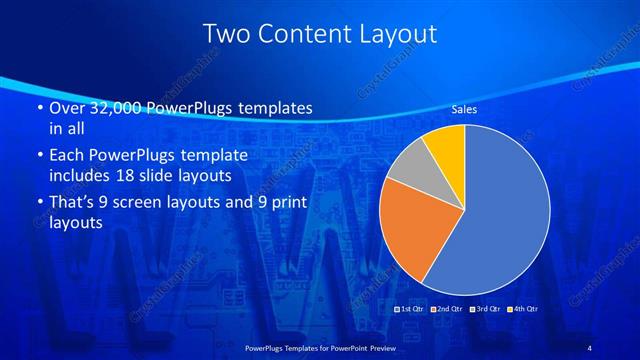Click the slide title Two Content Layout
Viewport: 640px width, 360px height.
(x=320, y=34)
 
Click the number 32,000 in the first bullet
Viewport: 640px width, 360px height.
(x=109, y=108)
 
